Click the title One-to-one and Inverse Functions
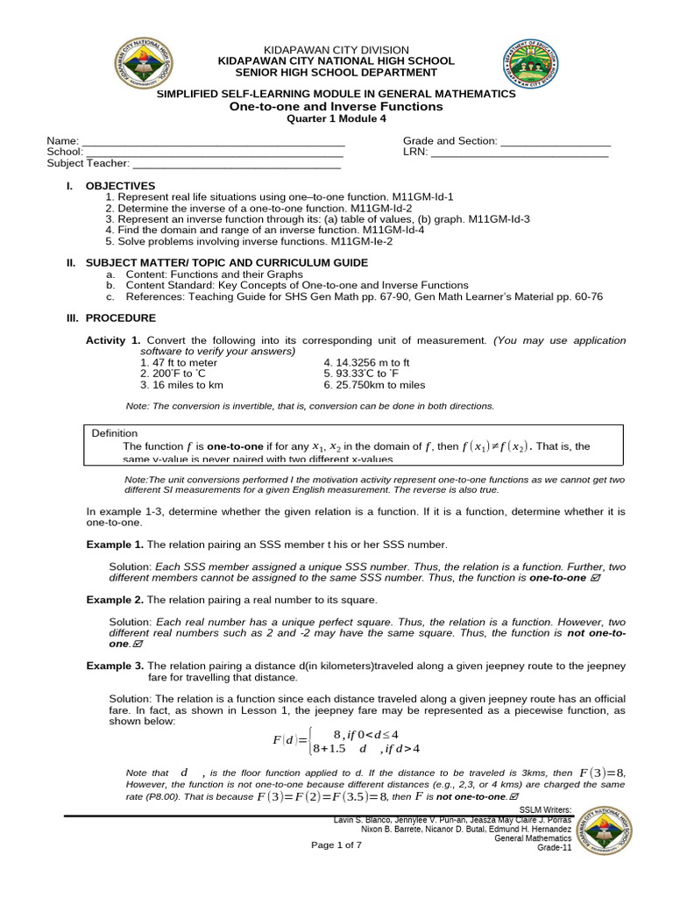point(336,106)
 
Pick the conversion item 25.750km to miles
point(374,384)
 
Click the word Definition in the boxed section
point(115,433)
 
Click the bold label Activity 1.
point(113,339)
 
